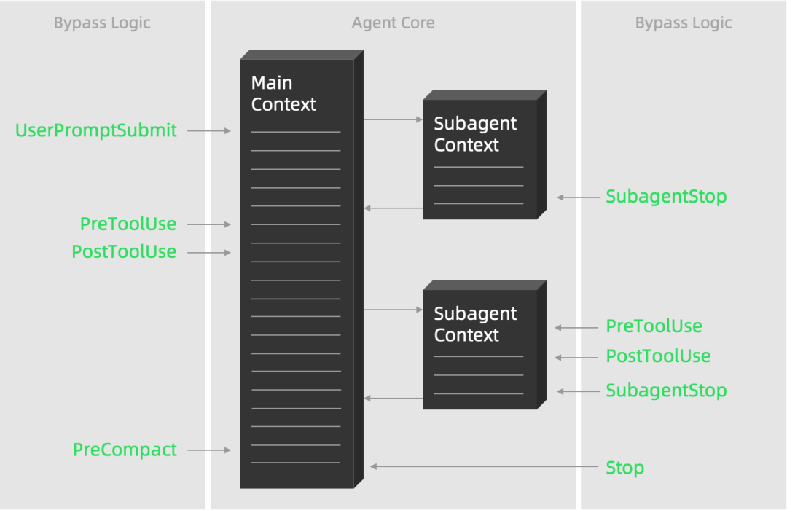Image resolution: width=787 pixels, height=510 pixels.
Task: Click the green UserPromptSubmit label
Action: click(96, 131)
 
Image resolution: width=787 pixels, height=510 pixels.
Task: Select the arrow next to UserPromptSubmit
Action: click(209, 131)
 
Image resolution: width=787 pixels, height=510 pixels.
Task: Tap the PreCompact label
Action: click(125, 450)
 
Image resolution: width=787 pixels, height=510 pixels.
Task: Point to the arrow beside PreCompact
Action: click(209, 450)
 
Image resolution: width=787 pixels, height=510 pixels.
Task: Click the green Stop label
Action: click(624, 468)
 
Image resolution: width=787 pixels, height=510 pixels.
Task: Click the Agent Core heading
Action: click(393, 23)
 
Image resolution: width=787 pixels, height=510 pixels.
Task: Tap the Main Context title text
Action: click(283, 94)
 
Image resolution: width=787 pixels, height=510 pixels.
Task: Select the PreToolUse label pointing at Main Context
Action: click(128, 224)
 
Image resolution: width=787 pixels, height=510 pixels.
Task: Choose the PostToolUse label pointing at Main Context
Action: click(124, 252)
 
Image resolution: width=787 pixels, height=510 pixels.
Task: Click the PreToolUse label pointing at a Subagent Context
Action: click(654, 326)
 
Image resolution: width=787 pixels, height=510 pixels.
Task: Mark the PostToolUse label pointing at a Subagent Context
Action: click(658, 356)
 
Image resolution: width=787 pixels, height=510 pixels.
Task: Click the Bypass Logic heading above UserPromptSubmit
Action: click(102, 23)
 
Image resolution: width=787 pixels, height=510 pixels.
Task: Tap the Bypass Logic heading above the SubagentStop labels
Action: click(683, 23)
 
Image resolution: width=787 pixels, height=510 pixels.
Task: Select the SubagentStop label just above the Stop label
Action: click(666, 391)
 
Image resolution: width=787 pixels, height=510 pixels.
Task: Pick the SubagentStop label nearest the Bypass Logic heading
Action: click(666, 197)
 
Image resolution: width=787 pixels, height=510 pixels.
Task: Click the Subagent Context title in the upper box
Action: click(475, 134)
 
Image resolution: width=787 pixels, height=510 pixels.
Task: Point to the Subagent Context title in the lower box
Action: click(475, 324)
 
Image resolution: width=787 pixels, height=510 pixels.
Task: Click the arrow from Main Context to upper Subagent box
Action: click(393, 119)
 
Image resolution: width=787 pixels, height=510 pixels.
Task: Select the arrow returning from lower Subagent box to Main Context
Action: click(393, 399)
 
